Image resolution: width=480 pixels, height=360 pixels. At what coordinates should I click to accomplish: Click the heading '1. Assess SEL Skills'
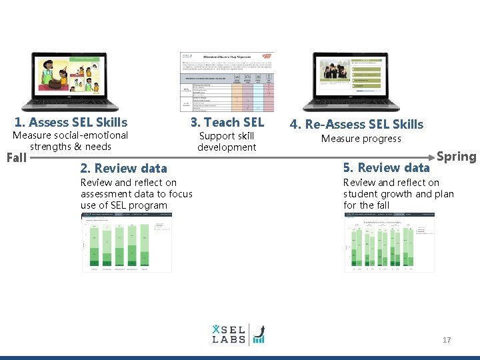[x=71, y=122]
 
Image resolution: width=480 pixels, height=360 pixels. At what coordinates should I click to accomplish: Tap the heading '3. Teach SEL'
[x=227, y=122]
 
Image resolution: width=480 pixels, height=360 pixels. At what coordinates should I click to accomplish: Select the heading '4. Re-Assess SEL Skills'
[x=356, y=124]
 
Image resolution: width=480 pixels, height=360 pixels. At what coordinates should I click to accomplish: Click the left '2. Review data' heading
[x=123, y=168]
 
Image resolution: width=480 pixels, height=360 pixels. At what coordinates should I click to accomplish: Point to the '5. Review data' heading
[x=386, y=167]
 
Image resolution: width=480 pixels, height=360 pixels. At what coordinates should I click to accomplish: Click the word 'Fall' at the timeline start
[x=16, y=158]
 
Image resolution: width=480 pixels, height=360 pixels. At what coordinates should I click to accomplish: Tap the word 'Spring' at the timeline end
[x=457, y=157]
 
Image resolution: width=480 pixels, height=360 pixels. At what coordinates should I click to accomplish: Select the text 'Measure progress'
[x=361, y=139]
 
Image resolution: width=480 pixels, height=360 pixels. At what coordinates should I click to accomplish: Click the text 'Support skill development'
[x=227, y=141]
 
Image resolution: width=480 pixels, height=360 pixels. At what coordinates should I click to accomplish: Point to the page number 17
[x=447, y=340]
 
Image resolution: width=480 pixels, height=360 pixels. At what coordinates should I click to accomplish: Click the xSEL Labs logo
[x=238, y=333]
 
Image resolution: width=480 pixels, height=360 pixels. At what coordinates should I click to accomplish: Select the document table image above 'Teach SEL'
[x=227, y=82]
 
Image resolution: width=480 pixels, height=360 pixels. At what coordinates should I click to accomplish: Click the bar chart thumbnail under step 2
[x=127, y=243]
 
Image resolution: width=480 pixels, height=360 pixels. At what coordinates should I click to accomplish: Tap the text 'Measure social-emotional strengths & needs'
[x=71, y=141]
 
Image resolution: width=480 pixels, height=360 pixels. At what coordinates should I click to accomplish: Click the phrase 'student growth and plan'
[x=398, y=194]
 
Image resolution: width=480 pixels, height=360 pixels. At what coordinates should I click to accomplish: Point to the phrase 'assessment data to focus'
[x=136, y=194]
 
